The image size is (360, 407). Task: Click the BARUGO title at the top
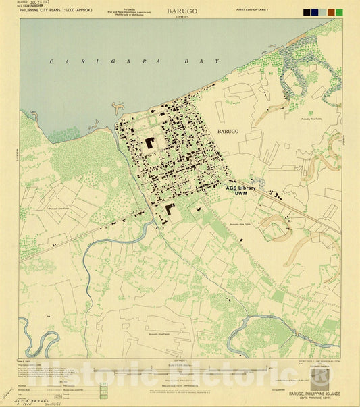(180, 11)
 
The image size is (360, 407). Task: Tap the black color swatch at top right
(307, 12)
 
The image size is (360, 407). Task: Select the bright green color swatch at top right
(339, 12)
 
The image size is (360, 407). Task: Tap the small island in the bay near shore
(119, 107)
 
